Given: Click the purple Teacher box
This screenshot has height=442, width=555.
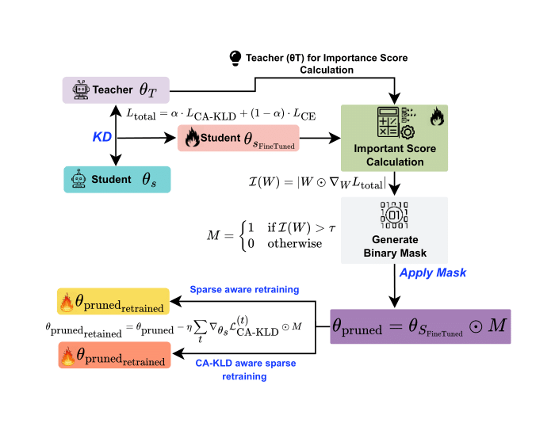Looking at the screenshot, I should click(x=116, y=90).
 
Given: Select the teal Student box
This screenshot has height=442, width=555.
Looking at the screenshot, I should click(x=116, y=180).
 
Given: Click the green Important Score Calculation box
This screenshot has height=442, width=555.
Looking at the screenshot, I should click(x=394, y=138).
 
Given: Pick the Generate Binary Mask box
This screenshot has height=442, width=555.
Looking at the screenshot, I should click(x=394, y=230).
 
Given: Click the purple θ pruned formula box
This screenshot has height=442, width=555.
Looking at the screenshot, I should click(x=420, y=326).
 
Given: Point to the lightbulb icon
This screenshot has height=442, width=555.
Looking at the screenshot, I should click(x=235, y=57).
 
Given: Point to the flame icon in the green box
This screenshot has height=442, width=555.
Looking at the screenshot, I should click(x=435, y=118).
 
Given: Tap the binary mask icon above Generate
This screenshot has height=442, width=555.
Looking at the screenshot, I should click(x=394, y=213).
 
